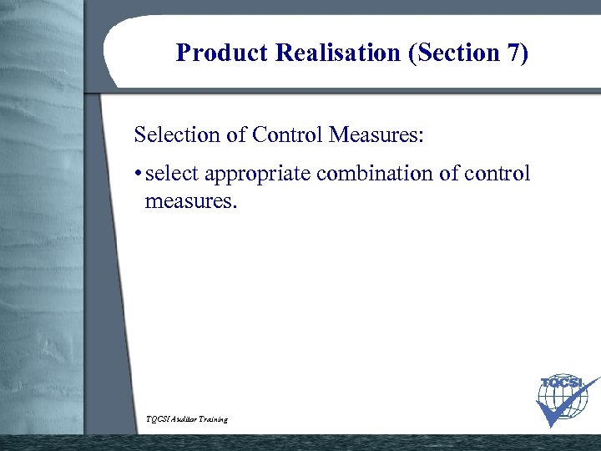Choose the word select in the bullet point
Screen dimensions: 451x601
tap(172, 175)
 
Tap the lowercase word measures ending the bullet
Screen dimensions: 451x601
tap(190, 200)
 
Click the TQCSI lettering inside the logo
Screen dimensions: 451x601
tap(561, 383)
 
